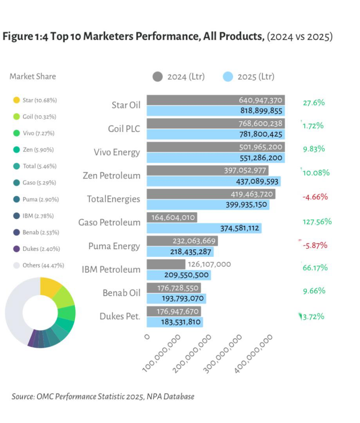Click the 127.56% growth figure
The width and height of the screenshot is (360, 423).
[x=317, y=221]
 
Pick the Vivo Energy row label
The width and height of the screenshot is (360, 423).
[x=117, y=152]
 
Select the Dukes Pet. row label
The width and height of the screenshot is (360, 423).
[x=120, y=316]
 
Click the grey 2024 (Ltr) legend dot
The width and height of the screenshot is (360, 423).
[x=158, y=76]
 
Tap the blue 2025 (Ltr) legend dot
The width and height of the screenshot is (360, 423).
[x=228, y=76]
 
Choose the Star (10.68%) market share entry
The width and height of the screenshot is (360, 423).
[x=39, y=100]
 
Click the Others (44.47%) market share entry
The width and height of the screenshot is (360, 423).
[x=43, y=266]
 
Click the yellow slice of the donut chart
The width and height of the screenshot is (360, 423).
[x=51, y=287]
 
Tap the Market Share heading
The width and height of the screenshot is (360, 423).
[x=33, y=76]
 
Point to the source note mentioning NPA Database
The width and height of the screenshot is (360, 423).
[x=103, y=397]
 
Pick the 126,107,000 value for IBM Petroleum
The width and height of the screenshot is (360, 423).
[x=209, y=264]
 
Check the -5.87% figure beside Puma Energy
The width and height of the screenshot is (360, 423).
[x=315, y=245]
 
